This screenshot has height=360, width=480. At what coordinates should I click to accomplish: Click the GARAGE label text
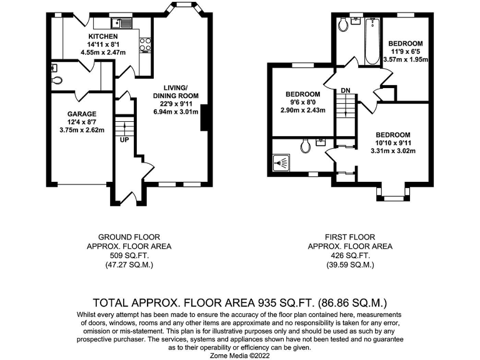click(x=81, y=114)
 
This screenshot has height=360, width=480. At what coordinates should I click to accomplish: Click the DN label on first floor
click(x=346, y=91)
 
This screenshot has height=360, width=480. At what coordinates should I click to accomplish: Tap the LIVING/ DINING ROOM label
click(x=176, y=91)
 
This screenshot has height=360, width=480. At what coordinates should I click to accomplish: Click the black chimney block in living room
click(x=204, y=118)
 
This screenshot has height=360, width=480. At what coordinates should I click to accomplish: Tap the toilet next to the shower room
click(x=306, y=146)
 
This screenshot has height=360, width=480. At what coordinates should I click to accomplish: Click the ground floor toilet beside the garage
click(x=57, y=81)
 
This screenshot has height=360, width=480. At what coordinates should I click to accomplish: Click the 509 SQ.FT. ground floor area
click(x=129, y=256)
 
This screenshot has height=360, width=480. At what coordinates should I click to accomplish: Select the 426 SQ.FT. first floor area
click(x=349, y=256)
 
